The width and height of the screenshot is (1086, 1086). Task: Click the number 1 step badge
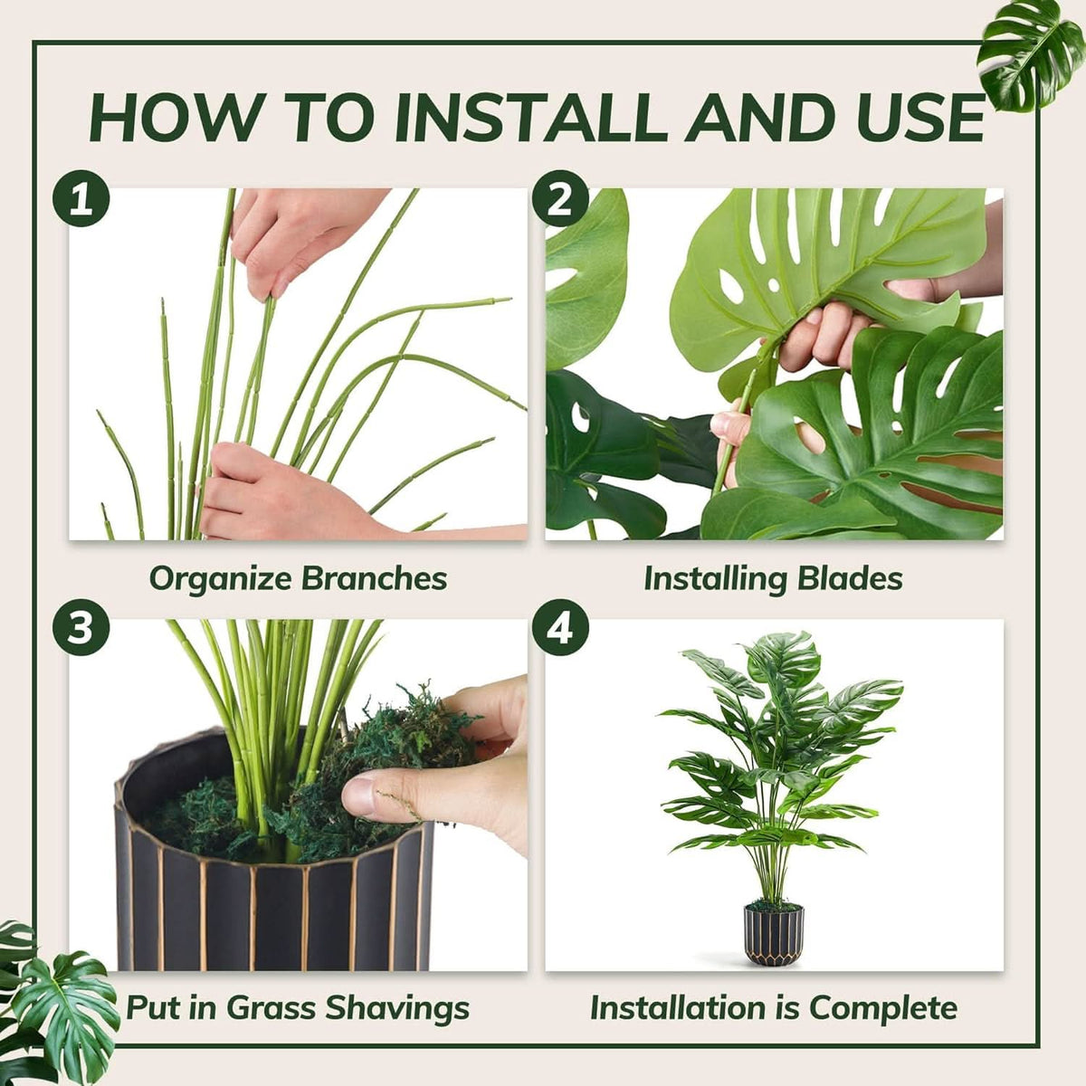(x=81, y=200)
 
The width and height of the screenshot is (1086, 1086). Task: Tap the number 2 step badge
(x=560, y=200)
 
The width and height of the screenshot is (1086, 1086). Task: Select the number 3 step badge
(x=81, y=627)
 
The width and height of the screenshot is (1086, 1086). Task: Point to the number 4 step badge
(x=560, y=627)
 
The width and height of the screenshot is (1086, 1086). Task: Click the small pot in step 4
(x=773, y=932)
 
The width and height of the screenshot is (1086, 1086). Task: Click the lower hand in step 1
(x=262, y=493)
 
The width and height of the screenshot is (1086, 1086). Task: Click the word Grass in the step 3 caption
(x=271, y=1007)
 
